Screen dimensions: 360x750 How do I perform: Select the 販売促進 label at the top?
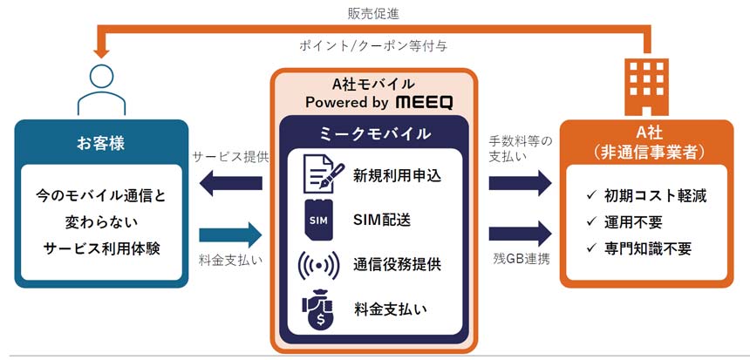click(374, 13)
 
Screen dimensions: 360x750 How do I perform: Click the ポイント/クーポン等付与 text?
click(374, 47)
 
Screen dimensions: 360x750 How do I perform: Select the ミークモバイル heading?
click(376, 134)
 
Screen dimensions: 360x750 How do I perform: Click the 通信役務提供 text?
click(397, 263)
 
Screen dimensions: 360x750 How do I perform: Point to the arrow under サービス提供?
click(231, 183)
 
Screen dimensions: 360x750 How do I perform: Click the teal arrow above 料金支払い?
click(231, 233)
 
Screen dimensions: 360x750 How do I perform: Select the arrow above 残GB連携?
click(520, 233)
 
